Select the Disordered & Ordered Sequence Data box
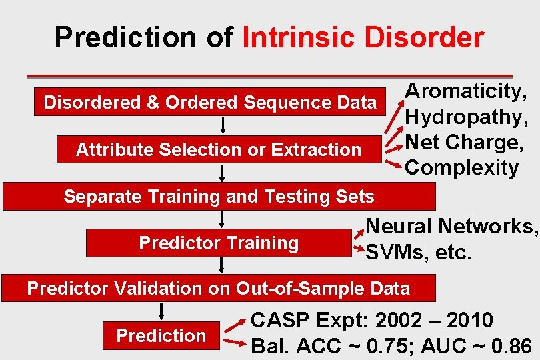pos(210,103)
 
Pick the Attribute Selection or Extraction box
pos(219,149)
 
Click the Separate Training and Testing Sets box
pos(219,197)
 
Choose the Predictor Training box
pos(219,243)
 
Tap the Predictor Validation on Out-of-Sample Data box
pos(219,289)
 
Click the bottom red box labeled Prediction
pos(161,335)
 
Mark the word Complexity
pos(461,168)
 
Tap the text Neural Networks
pos(451,227)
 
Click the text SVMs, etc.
pos(419,253)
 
